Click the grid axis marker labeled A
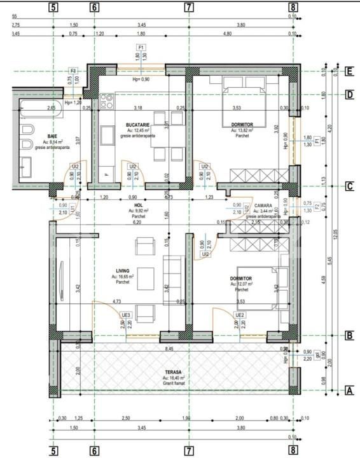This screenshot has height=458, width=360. click(348, 391)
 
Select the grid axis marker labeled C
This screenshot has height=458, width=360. click(349, 186)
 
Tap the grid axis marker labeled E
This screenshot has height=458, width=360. click(349, 71)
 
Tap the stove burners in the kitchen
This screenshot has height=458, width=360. click(107, 100)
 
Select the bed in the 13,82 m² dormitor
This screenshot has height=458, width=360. click(245, 102)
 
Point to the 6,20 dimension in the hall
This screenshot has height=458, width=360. click(137, 223)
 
